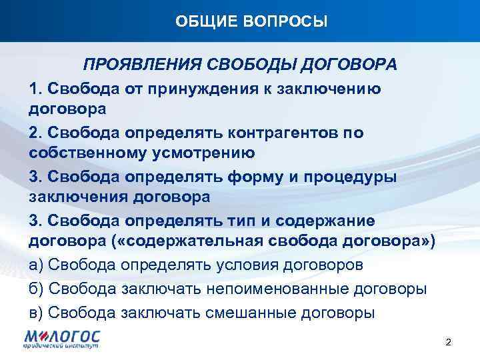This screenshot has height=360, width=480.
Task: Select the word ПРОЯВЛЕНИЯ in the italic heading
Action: tap(141, 65)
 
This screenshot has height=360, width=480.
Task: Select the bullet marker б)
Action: tap(37, 289)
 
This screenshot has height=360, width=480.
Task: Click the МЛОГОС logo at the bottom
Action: tap(60, 339)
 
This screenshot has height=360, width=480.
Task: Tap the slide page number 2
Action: tap(448, 343)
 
